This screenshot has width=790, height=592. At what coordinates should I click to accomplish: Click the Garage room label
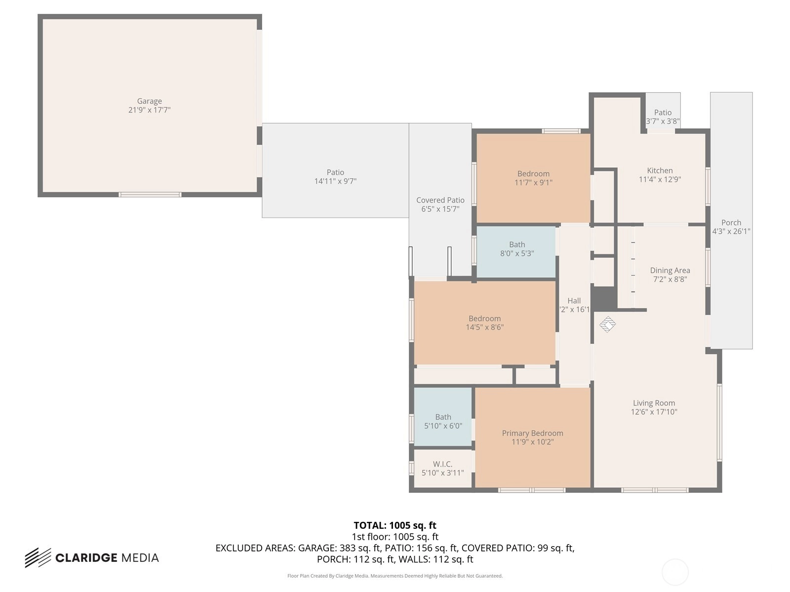coord(150,101)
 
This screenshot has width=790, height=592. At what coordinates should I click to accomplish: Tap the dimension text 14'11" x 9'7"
coord(335,181)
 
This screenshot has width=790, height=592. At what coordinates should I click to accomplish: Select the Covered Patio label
coord(440,200)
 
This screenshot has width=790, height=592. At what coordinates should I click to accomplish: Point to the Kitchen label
coord(660,170)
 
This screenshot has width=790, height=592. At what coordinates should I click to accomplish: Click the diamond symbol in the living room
coord(607,324)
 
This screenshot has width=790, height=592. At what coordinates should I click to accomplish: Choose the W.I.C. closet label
coord(442,464)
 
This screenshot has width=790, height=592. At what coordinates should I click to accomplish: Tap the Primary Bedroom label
coord(532,433)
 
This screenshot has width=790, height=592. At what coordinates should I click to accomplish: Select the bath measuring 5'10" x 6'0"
coord(443,417)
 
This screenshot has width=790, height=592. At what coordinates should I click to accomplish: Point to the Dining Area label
coord(670,270)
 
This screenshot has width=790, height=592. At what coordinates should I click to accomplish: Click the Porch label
coord(731,222)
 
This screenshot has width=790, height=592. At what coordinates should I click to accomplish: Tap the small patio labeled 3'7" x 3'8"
coord(663,112)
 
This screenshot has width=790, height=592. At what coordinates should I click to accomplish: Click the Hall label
coord(574,300)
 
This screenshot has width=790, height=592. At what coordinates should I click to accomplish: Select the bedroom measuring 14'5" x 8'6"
coord(484,323)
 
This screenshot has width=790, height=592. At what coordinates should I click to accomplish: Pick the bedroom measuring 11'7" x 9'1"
coord(533,178)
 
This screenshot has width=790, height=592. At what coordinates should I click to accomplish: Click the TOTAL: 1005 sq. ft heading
coord(395,525)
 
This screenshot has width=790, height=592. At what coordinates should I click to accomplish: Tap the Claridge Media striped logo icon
coord(38,557)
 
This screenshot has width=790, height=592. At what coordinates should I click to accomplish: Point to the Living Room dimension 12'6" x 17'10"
coord(654,412)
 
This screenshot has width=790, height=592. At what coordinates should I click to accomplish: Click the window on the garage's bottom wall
coord(150,194)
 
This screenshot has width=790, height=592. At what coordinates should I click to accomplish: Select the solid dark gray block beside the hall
coord(604,298)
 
